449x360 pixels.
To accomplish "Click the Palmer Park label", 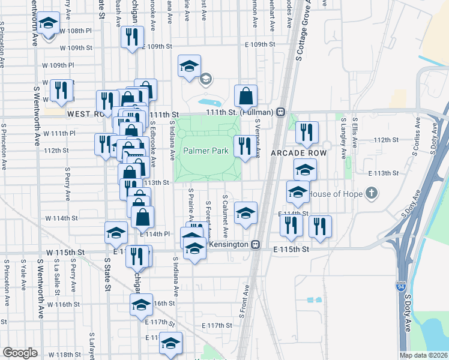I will pos(205,151).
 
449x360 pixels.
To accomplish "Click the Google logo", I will pos(20,353).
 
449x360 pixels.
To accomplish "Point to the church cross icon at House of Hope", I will pos(372,193).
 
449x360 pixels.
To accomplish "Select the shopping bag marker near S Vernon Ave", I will pos(246,96).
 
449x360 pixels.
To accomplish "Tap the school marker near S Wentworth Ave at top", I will pos(47,24).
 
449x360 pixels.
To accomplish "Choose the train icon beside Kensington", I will pos(255,245).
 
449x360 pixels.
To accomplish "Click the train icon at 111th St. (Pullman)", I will pos(280,112).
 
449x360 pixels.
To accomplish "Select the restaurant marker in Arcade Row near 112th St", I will pos(307,133).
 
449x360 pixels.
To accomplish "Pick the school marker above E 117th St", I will pos(142,305).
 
